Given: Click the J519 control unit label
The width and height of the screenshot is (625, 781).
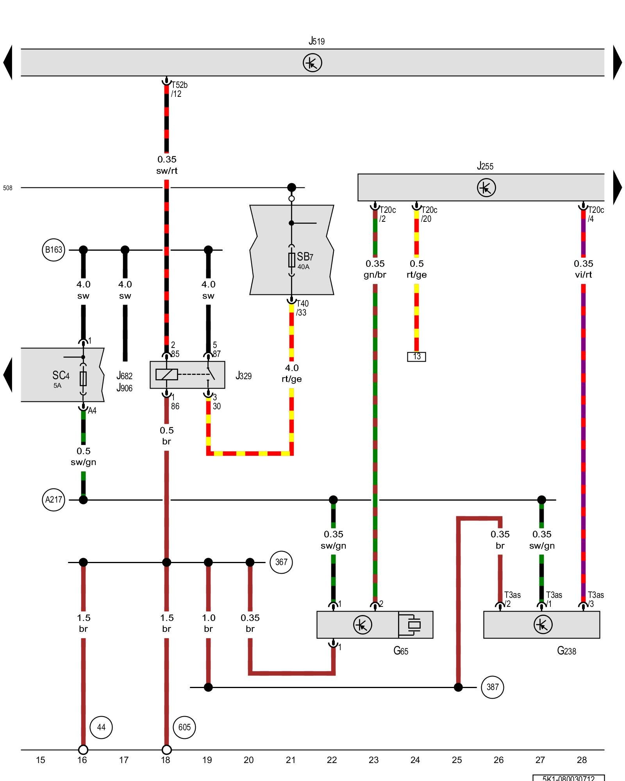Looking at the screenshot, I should tap(316, 41).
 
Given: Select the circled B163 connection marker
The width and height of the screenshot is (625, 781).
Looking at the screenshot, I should tap(54, 250).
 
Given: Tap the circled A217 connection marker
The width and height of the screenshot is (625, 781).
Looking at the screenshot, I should tap(54, 499).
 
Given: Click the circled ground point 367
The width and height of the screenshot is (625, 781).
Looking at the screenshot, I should tap(281, 562).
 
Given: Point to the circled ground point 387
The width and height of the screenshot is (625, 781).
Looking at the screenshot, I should tap(492, 687).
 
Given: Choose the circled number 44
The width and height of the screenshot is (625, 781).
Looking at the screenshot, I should tap(101, 727).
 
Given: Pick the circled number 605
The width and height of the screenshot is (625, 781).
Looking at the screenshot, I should tap(184, 727).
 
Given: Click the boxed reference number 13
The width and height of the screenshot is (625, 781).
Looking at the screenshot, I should tap(416, 357).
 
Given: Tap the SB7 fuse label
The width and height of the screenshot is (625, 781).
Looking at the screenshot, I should tap(305, 257).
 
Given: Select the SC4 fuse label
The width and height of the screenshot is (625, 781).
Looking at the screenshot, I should tap(61, 376).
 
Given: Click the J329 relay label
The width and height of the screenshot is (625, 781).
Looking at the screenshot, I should tap(243, 376).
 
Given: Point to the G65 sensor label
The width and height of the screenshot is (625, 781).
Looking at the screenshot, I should tap(401, 651).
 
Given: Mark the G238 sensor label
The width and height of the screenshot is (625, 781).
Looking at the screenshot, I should tap(566, 651).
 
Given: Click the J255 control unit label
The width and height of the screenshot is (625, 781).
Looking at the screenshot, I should tap(485, 166).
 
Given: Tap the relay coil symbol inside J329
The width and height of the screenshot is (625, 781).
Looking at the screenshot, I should tap(167, 374).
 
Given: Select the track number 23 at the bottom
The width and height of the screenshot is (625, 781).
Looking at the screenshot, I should tap(373, 760).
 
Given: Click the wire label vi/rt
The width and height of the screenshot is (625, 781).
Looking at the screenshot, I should tap(583, 275).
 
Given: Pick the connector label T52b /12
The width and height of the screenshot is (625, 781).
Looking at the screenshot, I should tap(179, 89).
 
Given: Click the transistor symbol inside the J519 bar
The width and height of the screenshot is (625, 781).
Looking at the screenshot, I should tap(312, 62).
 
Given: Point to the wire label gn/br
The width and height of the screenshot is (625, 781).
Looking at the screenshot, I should tap(375, 275).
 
